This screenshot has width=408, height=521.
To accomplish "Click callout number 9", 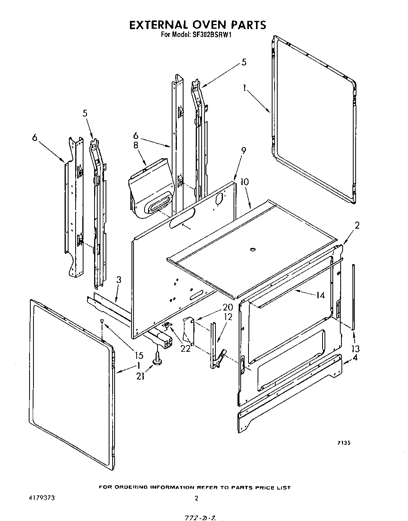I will pos(244,150).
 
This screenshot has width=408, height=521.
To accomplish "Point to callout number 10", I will pos(244,182).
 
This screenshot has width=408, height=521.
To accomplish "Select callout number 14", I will pos(320,294).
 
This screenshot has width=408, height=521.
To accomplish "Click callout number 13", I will pos(355,348).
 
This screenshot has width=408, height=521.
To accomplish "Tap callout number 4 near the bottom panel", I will pos(355,358).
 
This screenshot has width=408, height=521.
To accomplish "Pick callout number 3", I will pos(119,280).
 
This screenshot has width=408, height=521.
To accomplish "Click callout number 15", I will pos(139,355).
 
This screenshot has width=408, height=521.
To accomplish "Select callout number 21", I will pos(141,376).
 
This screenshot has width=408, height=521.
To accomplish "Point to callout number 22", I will pos(185,348).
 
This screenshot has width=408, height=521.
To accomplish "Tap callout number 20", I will pos(228,307).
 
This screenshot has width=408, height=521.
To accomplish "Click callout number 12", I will pos(228,317).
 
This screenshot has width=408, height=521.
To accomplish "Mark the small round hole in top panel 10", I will pos(252,249).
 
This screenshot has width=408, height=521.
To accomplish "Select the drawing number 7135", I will pos(343,443).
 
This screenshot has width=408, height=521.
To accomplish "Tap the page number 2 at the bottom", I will pos(196,498).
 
